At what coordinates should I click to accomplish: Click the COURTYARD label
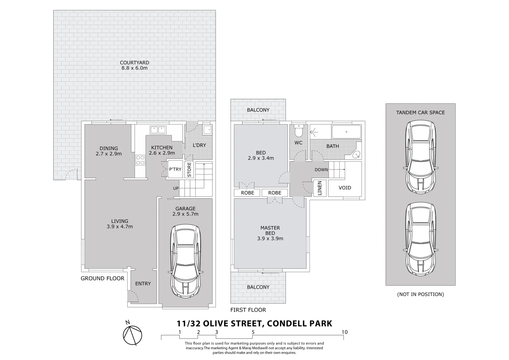pyautogui.click(x=134, y=63)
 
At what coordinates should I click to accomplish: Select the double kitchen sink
pyautogui.click(x=158, y=129)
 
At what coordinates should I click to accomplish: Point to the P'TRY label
pyautogui.click(x=175, y=169)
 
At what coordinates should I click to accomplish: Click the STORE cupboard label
pyautogui.click(x=189, y=170)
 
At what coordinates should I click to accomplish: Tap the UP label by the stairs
pyautogui.click(x=176, y=188)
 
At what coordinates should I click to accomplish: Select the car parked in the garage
pyautogui.click(x=185, y=261)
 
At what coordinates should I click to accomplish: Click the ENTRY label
pyautogui.click(x=143, y=284)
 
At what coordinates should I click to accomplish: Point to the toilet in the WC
pyautogui.click(x=298, y=131)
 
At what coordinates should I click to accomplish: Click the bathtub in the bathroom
pyautogui.click(x=346, y=132)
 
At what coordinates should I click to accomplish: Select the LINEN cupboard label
pyautogui.click(x=320, y=188)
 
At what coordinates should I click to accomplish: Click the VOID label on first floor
pyautogui.click(x=345, y=188)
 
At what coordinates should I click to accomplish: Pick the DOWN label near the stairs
pyautogui.click(x=321, y=170)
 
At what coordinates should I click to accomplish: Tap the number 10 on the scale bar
pyautogui.click(x=344, y=332)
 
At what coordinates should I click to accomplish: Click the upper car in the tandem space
pyautogui.click(x=420, y=157)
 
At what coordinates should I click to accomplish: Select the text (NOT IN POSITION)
pyautogui.click(x=420, y=294)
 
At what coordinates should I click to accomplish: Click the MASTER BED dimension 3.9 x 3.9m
pyautogui.click(x=270, y=239)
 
